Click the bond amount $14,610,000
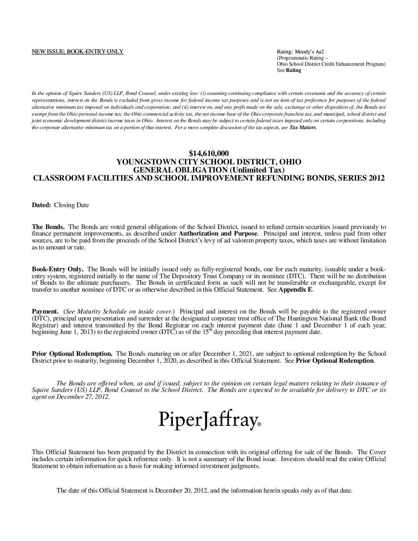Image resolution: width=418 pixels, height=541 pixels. [x=209, y=154]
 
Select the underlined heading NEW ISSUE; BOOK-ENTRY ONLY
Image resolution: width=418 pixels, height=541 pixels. [x=77, y=52]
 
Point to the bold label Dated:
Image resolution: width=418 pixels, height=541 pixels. [x=41, y=205]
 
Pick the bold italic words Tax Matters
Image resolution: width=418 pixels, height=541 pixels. [x=303, y=128]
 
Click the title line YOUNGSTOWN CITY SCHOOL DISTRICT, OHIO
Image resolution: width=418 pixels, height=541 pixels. [x=209, y=162]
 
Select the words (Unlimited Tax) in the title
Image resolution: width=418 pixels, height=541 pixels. [x=262, y=170]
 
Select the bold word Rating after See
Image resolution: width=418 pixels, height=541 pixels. [x=294, y=70]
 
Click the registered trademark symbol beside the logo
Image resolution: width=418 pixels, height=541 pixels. [x=259, y=425]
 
